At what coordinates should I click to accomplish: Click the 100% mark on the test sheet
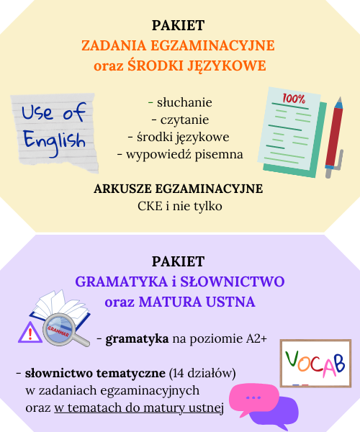pyautogui.click(x=294, y=99)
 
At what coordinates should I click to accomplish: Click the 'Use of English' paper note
pyautogui.click(x=55, y=132)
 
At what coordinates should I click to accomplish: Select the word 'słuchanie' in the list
pyautogui.click(x=184, y=102)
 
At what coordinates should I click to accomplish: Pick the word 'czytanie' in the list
pyautogui.click(x=184, y=120)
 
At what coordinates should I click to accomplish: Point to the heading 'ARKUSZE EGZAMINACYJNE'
pyautogui.click(x=179, y=189)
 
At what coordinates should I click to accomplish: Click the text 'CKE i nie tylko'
pyautogui.click(x=179, y=207)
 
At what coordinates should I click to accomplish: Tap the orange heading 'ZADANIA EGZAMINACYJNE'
pyautogui.click(x=178, y=46)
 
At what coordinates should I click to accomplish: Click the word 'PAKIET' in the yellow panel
pyautogui.click(x=179, y=25)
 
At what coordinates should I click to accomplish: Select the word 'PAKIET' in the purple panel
pyautogui.click(x=179, y=261)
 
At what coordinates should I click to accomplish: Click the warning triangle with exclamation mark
pyautogui.click(x=30, y=333)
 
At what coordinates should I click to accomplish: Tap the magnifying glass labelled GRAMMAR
pyautogui.click(x=65, y=330)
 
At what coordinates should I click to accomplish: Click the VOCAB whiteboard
pyautogui.click(x=315, y=364)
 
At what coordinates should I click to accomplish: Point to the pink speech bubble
pyautogui.click(x=253, y=398)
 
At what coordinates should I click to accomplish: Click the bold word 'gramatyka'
pyautogui.click(x=137, y=339)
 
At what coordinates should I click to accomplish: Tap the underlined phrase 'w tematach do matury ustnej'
pyautogui.click(x=139, y=408)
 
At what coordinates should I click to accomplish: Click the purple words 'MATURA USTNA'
pyautogui.click(x=197, y=302)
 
